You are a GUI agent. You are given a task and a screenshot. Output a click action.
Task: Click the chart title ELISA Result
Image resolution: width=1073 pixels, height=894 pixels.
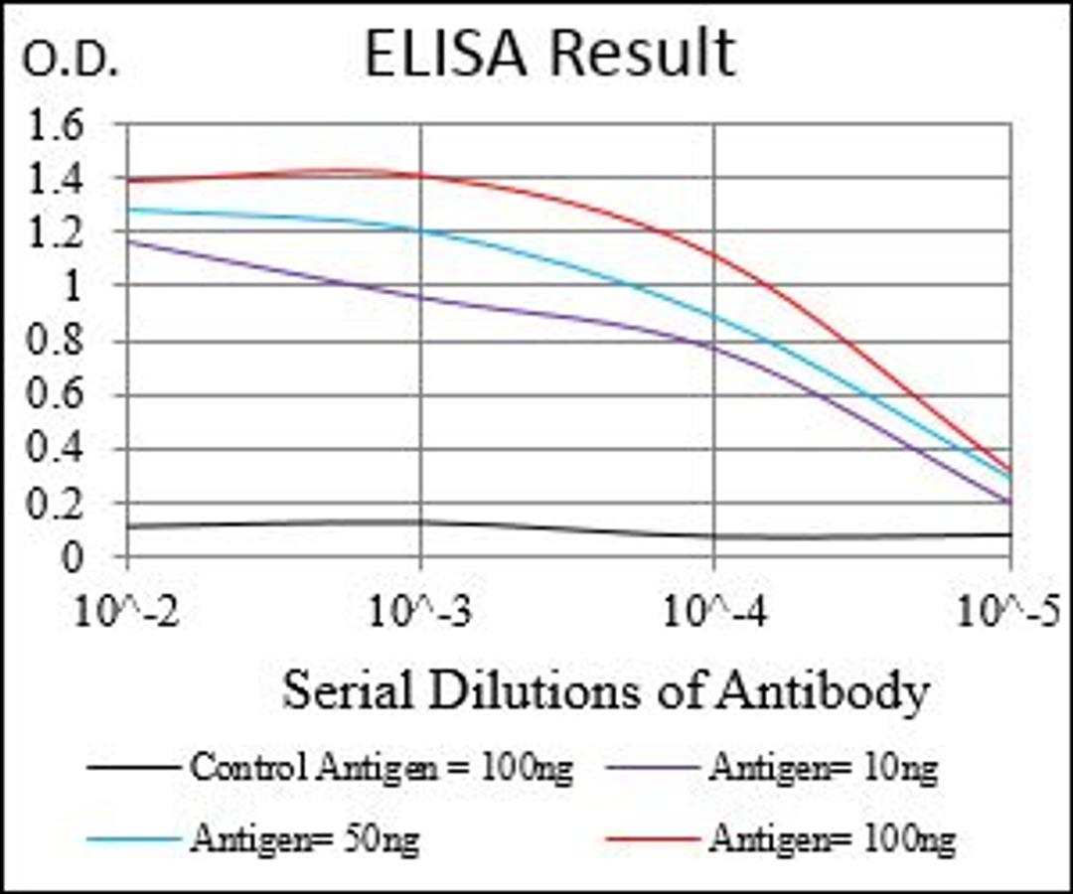549,55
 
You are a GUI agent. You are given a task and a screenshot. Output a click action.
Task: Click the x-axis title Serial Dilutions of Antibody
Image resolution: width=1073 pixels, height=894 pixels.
605,690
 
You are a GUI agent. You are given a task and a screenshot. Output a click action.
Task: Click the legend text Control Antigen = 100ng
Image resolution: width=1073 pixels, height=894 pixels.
381,767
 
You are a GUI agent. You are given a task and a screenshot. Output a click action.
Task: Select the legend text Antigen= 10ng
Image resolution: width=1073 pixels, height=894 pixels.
823,767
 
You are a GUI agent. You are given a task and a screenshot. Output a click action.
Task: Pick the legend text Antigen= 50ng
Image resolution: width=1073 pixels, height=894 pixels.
305,839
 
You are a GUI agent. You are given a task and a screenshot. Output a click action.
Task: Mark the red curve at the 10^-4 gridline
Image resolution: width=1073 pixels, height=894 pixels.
714,252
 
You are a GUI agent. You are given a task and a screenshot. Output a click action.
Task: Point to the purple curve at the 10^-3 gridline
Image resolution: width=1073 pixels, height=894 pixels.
421,297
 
